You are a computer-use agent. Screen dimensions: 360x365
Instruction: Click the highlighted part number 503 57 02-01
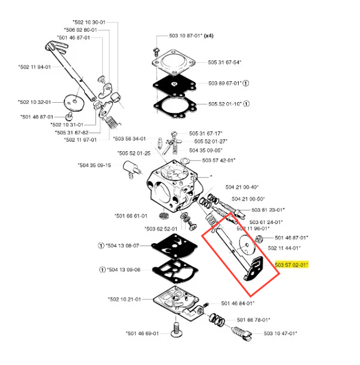point(291,265)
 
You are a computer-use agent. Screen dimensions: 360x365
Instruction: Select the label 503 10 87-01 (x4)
point(191,36)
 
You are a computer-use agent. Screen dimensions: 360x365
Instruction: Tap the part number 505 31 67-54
point(224,62)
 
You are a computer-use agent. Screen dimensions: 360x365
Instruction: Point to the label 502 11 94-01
point(35,67)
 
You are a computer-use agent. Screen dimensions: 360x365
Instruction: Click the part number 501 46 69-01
point(142,333)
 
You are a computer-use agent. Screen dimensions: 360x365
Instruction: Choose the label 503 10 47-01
point(281,333)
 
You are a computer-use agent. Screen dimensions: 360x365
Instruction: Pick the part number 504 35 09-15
point(94,165)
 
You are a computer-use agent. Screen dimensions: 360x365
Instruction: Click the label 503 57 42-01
point(219,160)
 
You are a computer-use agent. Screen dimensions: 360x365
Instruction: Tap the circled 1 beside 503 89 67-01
point(246,83)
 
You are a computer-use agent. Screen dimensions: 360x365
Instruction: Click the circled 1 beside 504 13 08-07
point(101,246)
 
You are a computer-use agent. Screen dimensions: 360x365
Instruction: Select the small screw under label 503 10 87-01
point(156,51)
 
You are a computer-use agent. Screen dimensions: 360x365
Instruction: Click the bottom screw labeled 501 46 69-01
point(176,330)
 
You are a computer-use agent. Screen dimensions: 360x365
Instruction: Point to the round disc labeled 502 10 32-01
point(74,103)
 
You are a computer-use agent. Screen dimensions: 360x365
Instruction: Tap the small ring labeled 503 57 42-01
point(185,161)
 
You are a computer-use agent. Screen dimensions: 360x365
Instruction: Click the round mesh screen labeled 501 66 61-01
point(164,216)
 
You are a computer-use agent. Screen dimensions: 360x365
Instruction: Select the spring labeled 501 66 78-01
point(217,320)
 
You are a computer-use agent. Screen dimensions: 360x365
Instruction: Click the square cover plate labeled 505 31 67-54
point(174,62)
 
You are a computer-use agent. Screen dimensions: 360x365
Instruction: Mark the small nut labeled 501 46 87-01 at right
point(258,238)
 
